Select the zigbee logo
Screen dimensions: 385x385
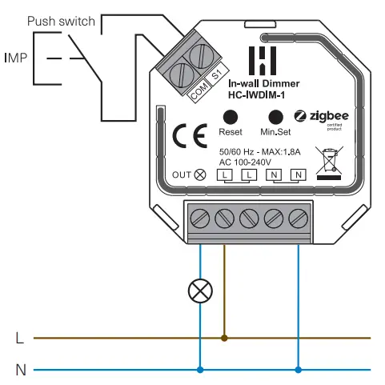click(320, 118)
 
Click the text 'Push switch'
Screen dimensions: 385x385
click(62, 22)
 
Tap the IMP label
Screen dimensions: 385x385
click(16, 58)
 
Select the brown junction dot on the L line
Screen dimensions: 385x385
click(224, 338)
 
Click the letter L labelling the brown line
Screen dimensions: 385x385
click(19, 338)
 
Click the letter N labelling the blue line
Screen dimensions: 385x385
click(19, 370)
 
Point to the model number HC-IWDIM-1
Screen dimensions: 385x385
click(258, 94)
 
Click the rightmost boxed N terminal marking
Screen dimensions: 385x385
click(299, 174)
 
